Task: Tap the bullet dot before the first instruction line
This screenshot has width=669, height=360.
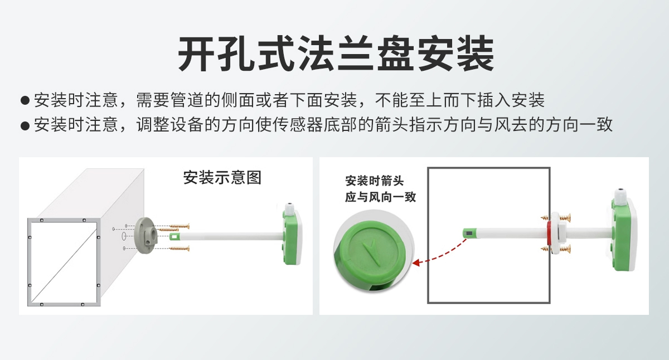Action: pyautogui.click(x=25, y=101)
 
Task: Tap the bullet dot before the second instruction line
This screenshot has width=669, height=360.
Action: pyautogui.click(x=25, y=125)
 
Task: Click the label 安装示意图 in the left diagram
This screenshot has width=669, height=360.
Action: pyautogui.click(x=222, y=178)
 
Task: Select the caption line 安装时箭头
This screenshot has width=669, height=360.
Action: pyautogui.click(x=374, y=182)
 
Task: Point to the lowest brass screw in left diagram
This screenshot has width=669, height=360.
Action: pyautogui.click(x=180, y=248)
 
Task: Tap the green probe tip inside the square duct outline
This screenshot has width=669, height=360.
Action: pyautogui.click(x=468, y=233)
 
